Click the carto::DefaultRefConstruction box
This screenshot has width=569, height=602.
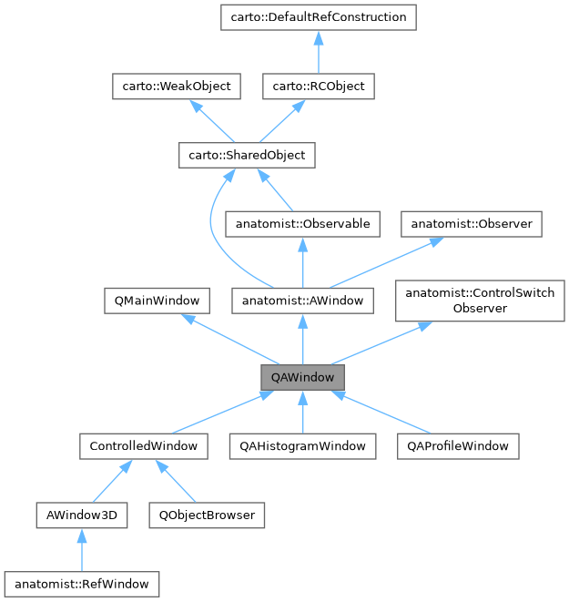pos(318,16)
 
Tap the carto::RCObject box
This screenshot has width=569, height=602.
pos(318,87)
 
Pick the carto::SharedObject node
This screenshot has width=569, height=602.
pos(246,156)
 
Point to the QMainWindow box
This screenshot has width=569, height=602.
pos(157,300)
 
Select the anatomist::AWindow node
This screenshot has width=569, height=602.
pos(302,300)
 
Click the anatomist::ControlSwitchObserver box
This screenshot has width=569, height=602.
pos(480,300)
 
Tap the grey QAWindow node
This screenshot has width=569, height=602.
pos(302,376)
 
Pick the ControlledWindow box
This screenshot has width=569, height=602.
pos(143,446)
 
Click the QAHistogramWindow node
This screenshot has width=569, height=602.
pos(302,446)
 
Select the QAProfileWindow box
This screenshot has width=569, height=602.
pos(458,446)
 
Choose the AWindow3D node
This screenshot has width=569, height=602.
pos(81,515)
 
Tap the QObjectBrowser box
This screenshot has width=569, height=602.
pos(207,515)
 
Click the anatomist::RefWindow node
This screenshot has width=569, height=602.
pos(81,582)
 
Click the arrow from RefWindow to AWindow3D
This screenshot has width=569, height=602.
pos(81,550)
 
